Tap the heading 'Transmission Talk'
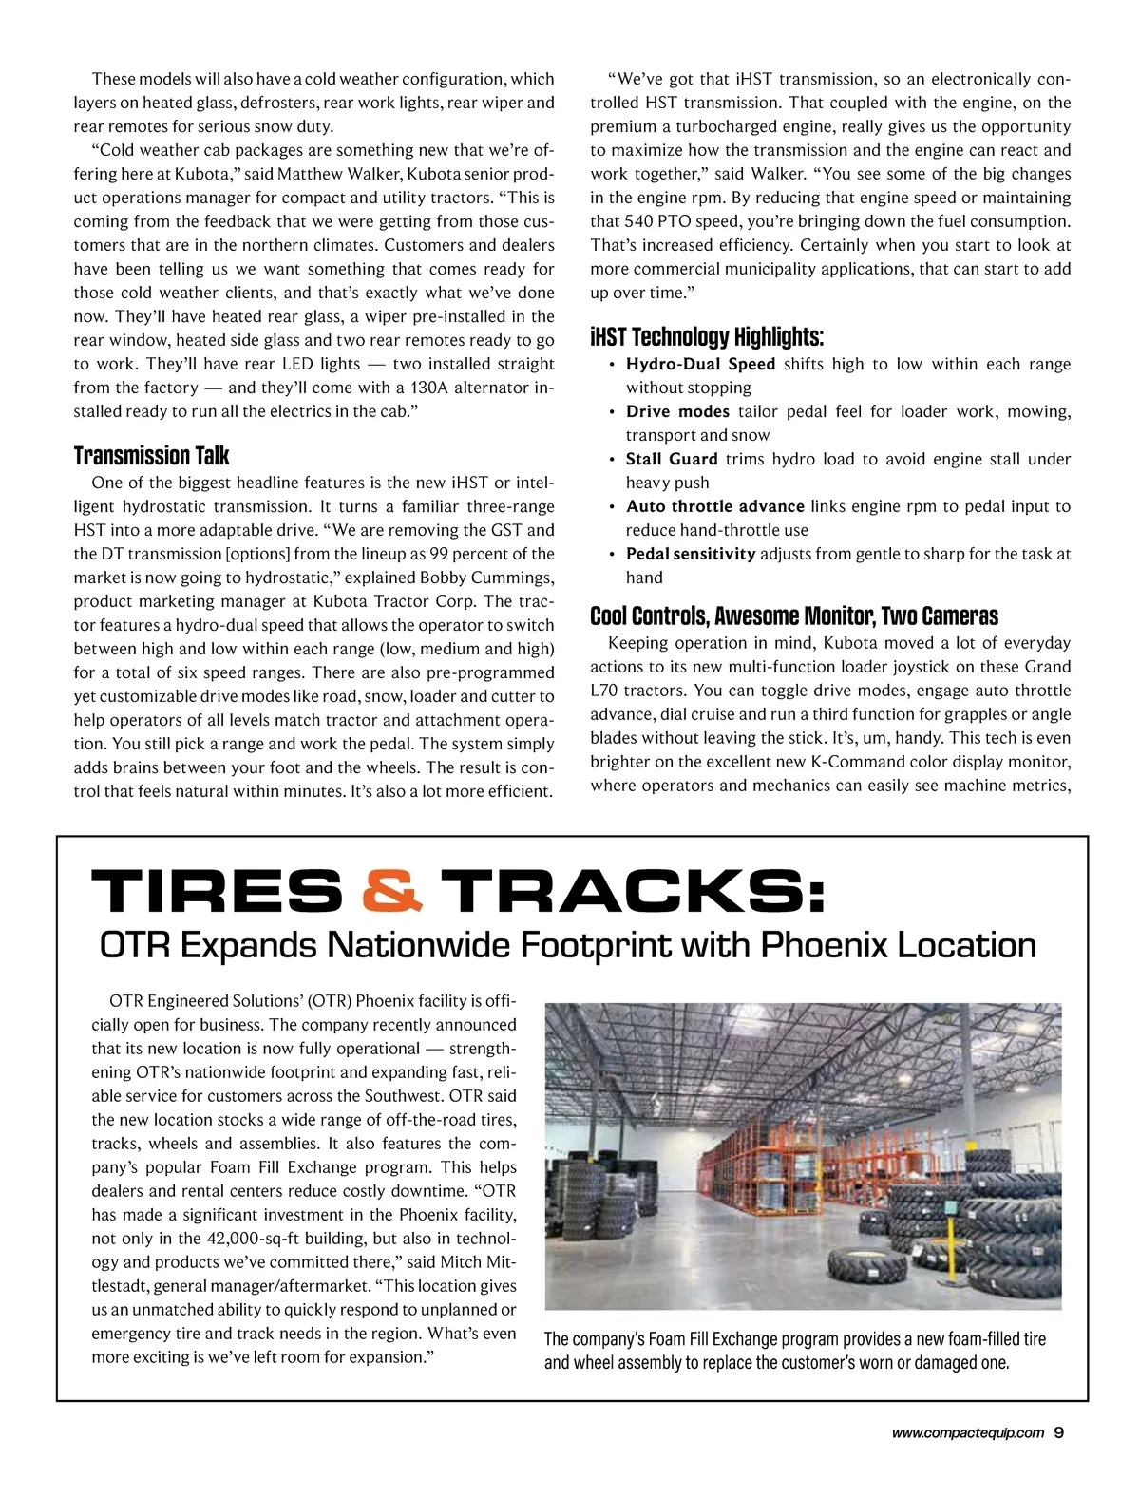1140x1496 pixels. point(152,456)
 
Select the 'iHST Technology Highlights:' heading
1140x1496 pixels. point(707,337)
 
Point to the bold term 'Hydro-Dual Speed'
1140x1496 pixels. point(700,364)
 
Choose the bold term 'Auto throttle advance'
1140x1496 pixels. point(714,506)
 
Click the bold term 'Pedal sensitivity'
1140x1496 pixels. point(691,554)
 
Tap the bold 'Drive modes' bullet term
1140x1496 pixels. point(677,411)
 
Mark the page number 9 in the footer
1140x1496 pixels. point(1059,1434)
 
